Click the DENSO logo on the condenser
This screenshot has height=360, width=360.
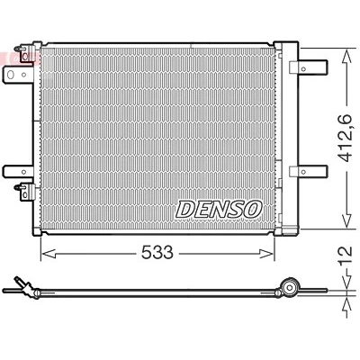(219, 209)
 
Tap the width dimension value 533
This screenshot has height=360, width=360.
(157, 252)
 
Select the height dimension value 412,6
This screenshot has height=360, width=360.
(346, 138)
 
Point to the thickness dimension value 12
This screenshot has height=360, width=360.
(346, 255)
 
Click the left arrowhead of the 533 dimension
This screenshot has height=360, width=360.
(49, 254)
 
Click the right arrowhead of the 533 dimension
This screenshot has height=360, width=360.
(266, 254)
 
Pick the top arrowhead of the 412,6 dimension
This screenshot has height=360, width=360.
(347, 56)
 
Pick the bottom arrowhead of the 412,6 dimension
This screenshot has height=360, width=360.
(347, 220)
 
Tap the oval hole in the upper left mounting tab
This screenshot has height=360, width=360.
(11, 74)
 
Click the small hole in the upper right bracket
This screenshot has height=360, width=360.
(303, 69)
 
